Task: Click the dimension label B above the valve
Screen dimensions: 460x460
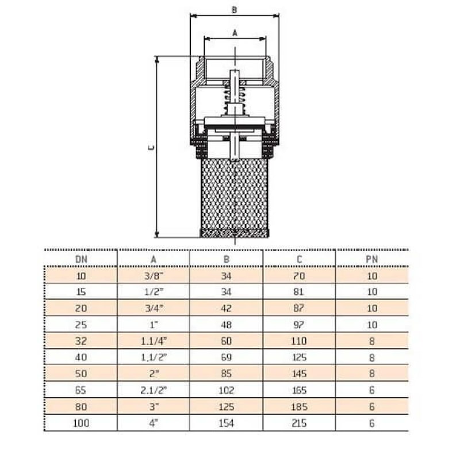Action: [234, 9]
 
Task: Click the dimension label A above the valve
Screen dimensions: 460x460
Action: [235, 33]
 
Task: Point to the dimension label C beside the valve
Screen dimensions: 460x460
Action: [151, 148]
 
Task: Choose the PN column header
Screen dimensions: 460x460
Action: [372, 259]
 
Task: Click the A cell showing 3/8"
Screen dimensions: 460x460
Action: [154, 275]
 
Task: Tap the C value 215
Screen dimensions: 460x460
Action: [300, 424]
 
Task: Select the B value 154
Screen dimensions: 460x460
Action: [227, 424]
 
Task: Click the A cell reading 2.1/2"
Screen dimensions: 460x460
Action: [154, 390]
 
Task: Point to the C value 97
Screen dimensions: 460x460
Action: [300, 325]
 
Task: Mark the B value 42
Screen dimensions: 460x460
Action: [227, 308]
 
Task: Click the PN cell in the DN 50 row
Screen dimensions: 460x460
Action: [372, 374]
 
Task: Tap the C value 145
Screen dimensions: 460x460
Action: [300, 374]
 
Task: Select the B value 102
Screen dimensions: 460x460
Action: [227, 390]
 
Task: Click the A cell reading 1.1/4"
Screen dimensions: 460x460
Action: [154, 341]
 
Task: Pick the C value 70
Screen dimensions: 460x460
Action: [300, 275]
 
